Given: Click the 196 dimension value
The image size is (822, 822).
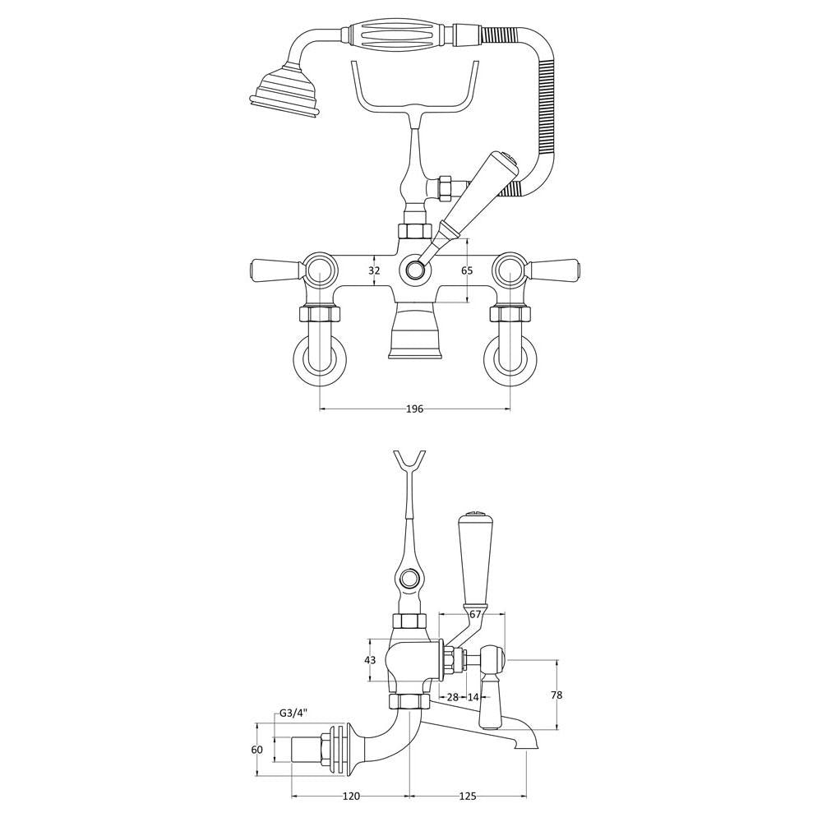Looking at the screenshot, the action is [414, 409].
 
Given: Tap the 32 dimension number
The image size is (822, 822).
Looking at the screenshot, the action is [374, 270].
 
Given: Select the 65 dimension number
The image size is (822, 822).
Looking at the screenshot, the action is [467, 270].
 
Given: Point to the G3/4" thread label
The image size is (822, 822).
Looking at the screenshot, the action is [293, 713].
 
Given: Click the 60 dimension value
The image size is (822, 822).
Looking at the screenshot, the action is [256, 750].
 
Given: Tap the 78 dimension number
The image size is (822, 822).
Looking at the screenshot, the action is [556, 695].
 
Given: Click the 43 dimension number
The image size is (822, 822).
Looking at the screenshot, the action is [370, 660].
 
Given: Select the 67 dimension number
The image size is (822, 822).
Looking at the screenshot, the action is [475, 614].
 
